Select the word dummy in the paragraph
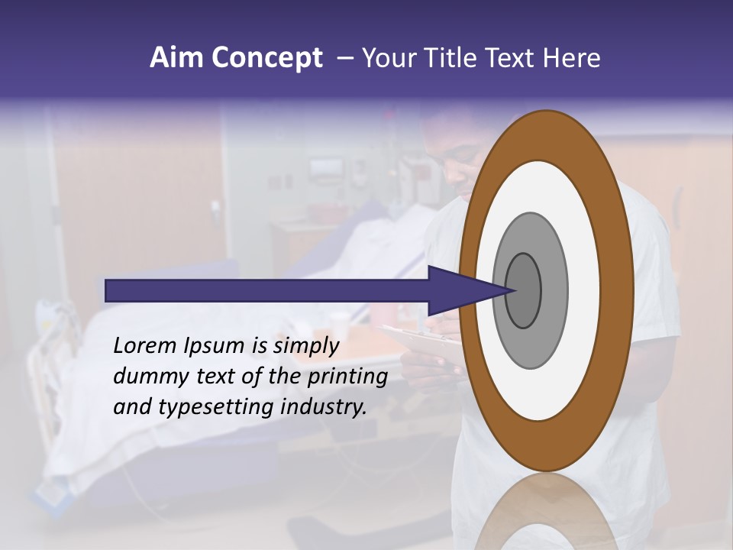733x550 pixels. click(146, 377)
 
